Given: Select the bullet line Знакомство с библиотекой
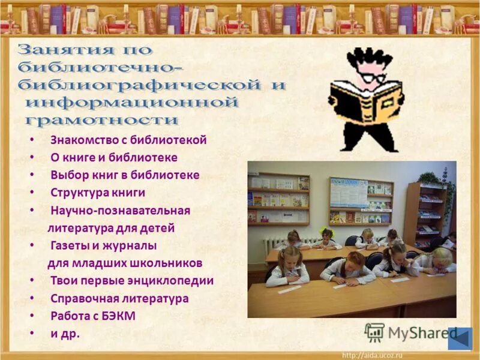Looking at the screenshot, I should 128,140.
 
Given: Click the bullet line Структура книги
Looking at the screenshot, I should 98,193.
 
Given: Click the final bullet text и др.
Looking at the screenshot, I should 65,334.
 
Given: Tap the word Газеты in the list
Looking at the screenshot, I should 70,245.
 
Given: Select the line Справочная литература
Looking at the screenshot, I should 119,298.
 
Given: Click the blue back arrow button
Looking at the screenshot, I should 460,338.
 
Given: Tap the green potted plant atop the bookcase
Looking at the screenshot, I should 431,178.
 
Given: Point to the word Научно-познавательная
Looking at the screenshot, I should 120,211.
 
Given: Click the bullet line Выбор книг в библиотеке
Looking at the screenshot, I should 125,175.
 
